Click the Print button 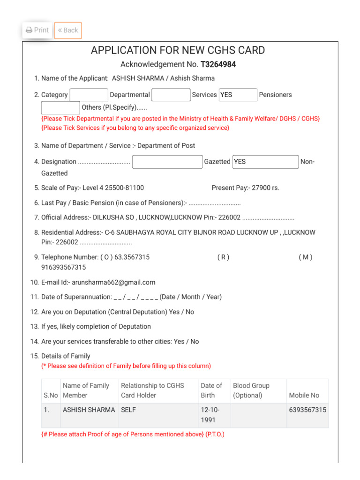point(37,30)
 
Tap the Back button point(68,30)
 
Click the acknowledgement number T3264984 point(218,65)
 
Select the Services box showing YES point(238,95)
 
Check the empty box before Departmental point(89,95)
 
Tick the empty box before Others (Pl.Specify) point(60,107)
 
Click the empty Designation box point(167,162)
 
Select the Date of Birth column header point(211,390)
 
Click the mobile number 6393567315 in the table point(307,410)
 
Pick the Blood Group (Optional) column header point(251,390)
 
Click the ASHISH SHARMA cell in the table point(89,410)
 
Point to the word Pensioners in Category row point(275,95)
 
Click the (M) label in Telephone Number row point(305,257)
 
